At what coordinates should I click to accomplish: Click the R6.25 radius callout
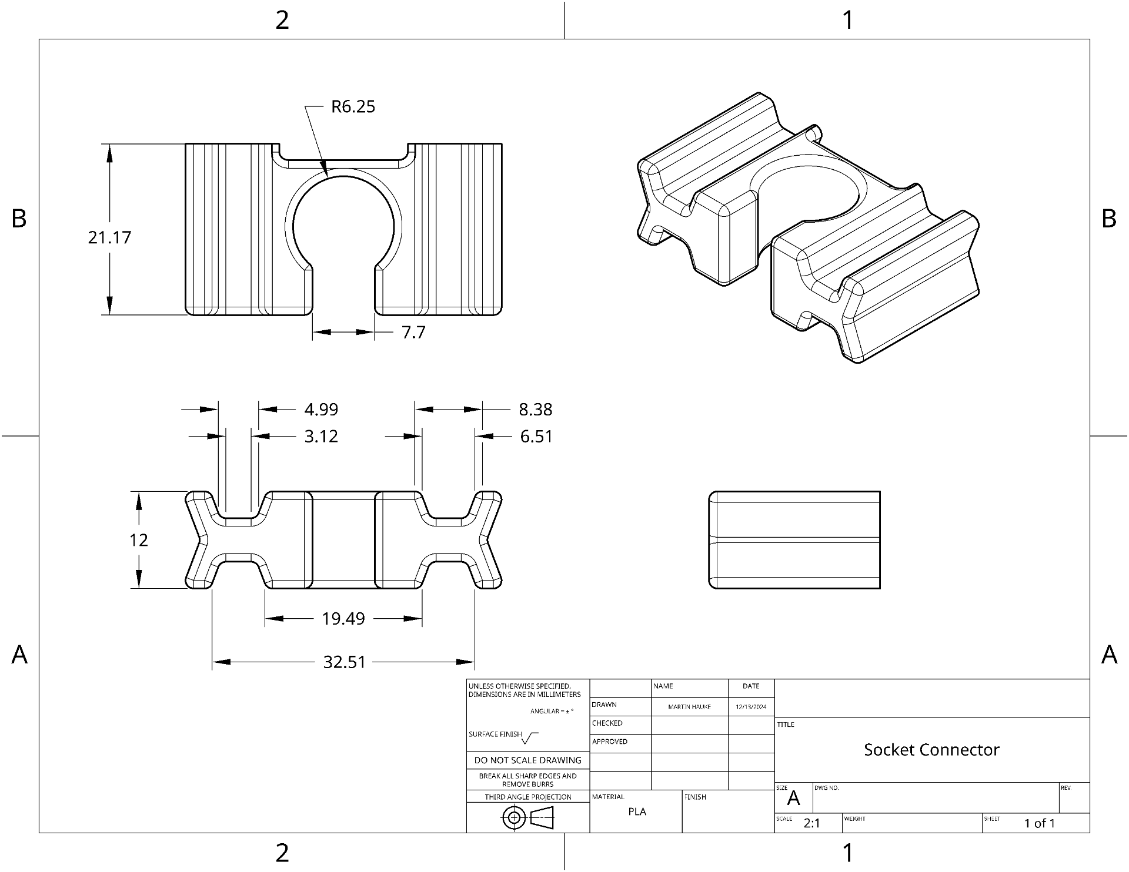click(353, 107)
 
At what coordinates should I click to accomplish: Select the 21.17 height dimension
click(110, 237)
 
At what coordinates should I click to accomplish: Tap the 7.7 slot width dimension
click(413, 333)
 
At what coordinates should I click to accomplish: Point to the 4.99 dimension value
click(321, 410)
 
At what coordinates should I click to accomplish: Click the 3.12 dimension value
click(321, 437)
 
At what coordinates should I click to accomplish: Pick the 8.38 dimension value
click(536, 410)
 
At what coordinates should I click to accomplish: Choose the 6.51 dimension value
click(536, 437)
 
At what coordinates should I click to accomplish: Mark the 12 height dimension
click(139, 540)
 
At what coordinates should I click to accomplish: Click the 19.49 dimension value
click(343, 619)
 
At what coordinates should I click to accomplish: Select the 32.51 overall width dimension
click(345, 662)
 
